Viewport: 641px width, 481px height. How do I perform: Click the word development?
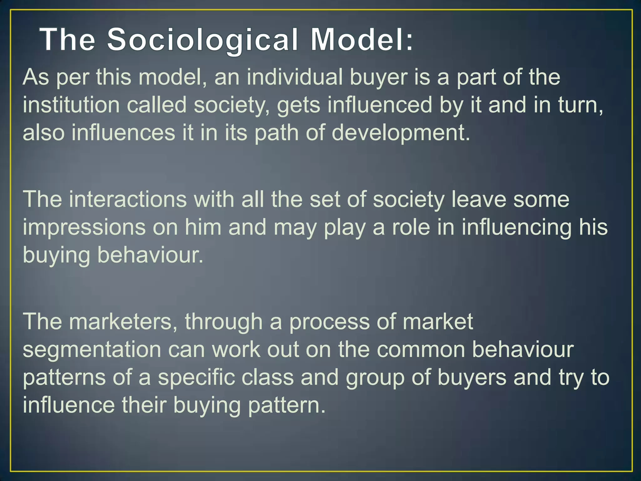401,133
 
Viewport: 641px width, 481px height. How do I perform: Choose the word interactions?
128,199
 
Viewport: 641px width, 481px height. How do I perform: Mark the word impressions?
84,227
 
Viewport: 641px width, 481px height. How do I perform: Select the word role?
411,227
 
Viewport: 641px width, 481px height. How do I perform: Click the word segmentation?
92,349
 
